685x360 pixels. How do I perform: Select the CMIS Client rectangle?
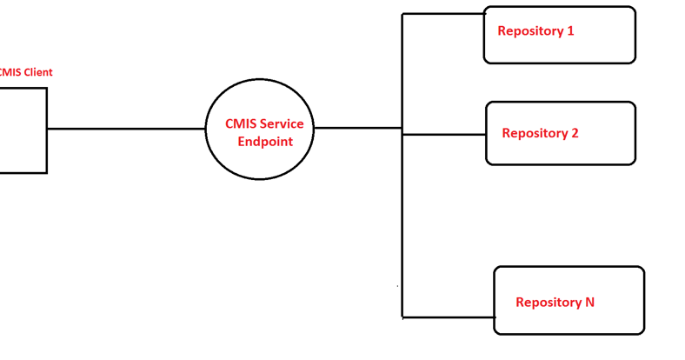tap(22, 130)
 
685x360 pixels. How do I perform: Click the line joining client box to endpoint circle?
tap(126, 129)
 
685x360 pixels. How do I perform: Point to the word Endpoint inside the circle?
tap(264, 141)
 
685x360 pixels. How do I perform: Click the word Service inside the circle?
tap(279, 124)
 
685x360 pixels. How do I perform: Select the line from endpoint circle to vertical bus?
tap(357, 129)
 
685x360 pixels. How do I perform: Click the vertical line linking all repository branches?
tap(402, 217)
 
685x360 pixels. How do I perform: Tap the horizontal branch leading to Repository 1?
tap(442, 14)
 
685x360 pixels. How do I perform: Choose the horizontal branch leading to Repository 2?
tap(443, 135)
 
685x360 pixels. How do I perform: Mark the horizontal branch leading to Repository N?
tap(448, 317)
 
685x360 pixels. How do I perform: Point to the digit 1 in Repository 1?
tap(570, 31)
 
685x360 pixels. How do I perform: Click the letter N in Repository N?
tap(589, 303)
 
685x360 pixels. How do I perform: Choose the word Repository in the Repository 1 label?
tap(529, 31)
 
